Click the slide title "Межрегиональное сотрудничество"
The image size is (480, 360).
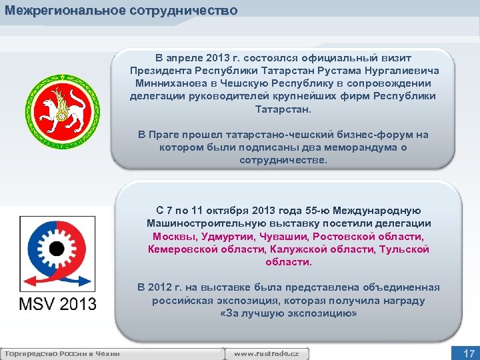click(x=121, y=11)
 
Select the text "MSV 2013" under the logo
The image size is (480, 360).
click(x=57, y=304)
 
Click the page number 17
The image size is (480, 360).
click(x=469, y=353)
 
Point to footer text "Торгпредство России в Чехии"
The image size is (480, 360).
click(x=61, y=353)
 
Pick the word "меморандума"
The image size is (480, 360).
click(x=358, y=147)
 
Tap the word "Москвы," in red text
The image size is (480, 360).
click(x=175, y=237)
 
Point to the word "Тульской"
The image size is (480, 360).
click(x=404, y=249)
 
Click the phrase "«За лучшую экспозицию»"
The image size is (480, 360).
click(x=287, y=313)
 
